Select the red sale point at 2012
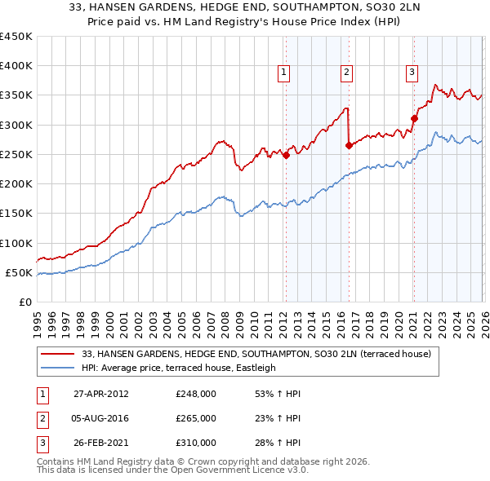pos(286,156)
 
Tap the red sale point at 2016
pos(349,146)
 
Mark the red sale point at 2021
pos(414,119)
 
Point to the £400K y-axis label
pos(16,66)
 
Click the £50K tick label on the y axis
pos(20,272)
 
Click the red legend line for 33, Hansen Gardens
pos(58,354)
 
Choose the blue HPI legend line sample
pos(58,368)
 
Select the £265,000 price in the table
pos(196,418)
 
